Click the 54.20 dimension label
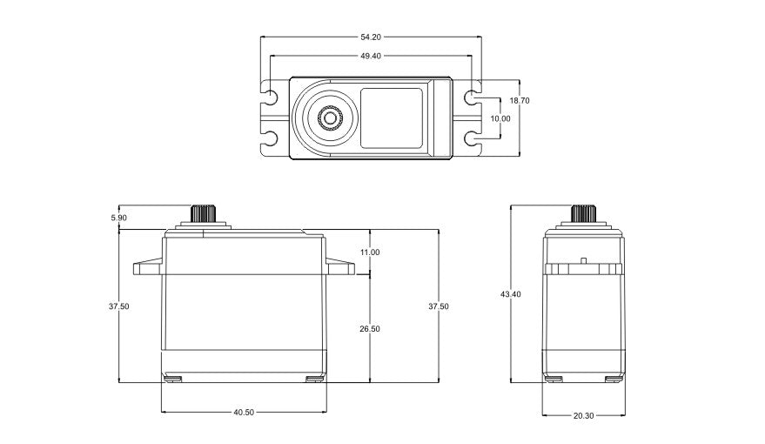[x=371, y=37]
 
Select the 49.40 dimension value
[x=371, y=56]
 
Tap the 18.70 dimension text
[x=520, y=101]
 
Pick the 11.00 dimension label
[x=370, y=252]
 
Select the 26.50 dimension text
[x=370, y=328]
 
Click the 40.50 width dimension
[x=244, y=413]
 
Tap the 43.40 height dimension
[x=511, y=294]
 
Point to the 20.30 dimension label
[x=583, y=416]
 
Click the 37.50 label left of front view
[x=119, y=306]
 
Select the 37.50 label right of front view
[x=439, y=306]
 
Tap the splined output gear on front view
[x=202, y=213]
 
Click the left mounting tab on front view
[x=147, y=266]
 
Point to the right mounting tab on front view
[x=341, y=266]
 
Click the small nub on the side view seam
[x=583, y=260]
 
